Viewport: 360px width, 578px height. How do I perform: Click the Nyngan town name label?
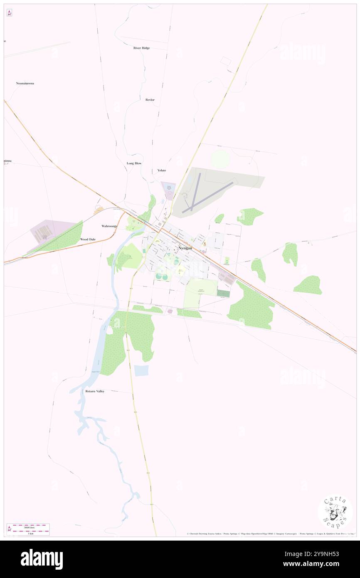point(185,248)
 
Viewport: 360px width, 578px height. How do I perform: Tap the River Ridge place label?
point(141,48)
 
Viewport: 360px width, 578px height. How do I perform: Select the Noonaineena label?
point(25,84)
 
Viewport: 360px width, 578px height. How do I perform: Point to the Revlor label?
point(150,100)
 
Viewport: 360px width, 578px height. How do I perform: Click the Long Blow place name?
point(134,163)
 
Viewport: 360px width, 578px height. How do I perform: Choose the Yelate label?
point(162,170)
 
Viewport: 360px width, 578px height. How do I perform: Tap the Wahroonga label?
point(110,226)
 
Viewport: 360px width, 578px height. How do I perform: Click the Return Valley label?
point(95,391)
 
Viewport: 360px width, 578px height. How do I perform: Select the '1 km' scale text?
point(29,533)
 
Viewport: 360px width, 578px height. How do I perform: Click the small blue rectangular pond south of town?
point(141,371)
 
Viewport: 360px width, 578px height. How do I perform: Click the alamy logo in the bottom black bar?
point(42,559)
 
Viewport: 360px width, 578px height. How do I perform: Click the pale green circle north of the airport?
point(220,159)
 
